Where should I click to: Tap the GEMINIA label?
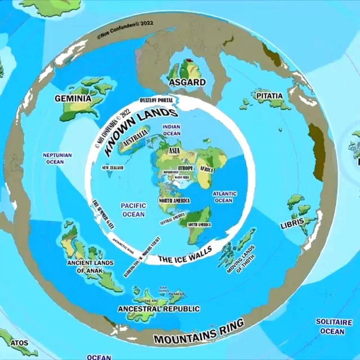pos(72,98)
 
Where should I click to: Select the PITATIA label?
pos(269,96)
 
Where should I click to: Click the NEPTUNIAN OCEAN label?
pos(57,158)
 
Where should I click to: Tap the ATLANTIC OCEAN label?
pos(224,197)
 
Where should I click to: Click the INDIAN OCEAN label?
pos(171,130)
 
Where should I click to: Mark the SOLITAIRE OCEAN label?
pos(333,326)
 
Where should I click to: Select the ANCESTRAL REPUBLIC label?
pos(158,309)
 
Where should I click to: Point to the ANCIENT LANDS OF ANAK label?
pos(90,266)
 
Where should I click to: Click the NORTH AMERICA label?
pos(174,200)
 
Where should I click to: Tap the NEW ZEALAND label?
pos(113,168)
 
